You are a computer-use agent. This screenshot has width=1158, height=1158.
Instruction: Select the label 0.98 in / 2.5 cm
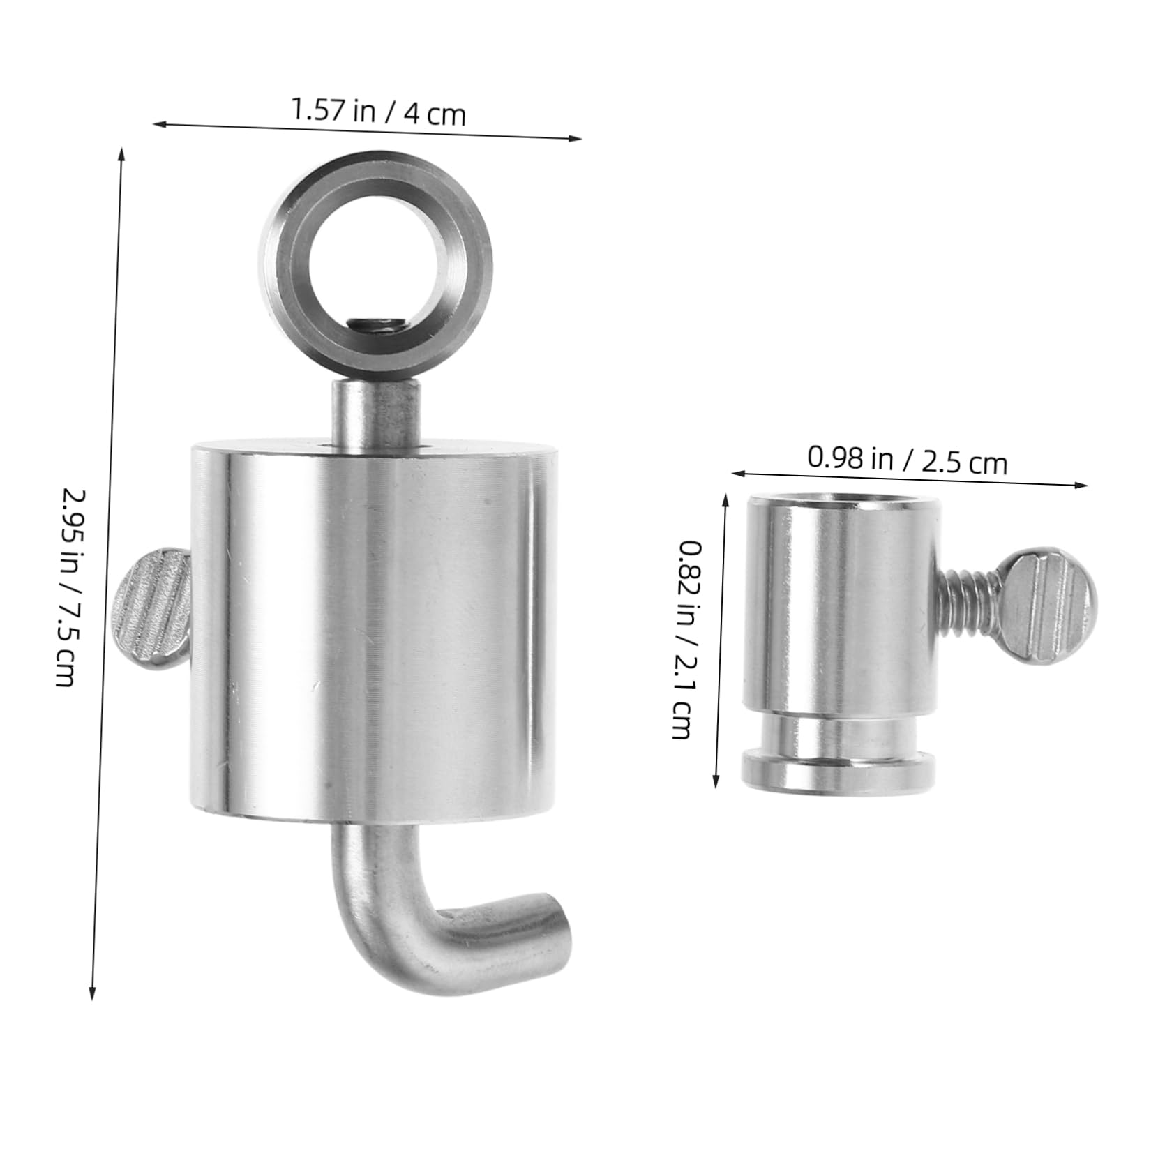point(907,460)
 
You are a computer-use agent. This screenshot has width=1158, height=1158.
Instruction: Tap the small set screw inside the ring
point(377,325)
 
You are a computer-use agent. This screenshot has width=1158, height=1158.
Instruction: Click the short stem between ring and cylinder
point(377,412)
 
